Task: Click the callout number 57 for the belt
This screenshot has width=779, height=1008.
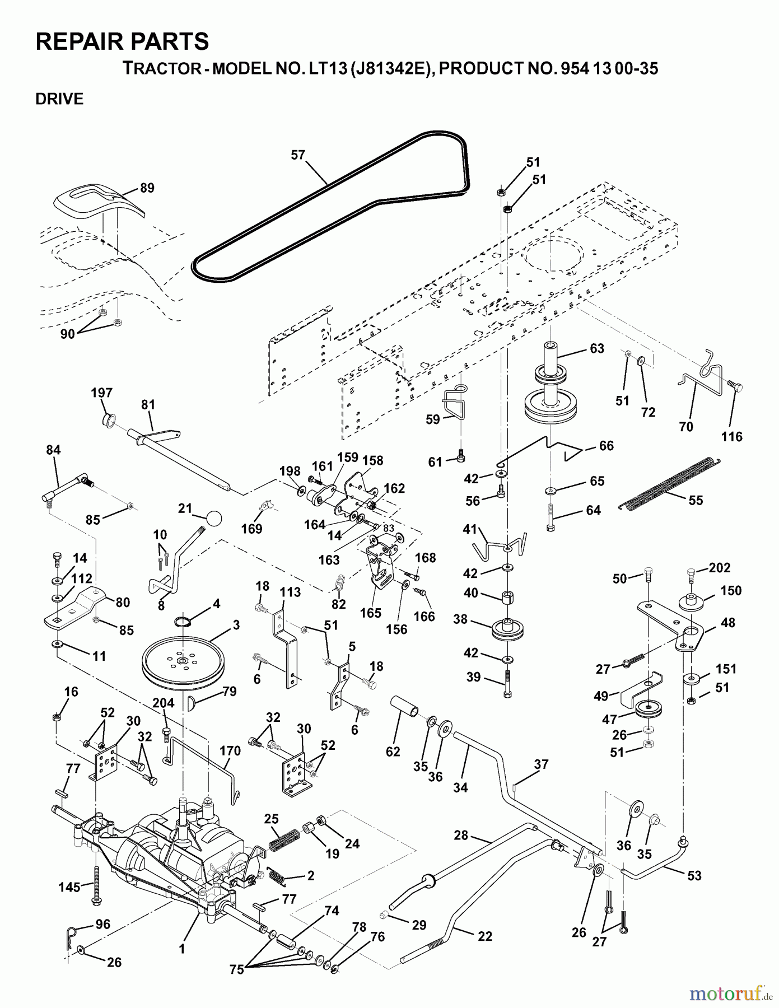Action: pyautogui.click(x=298, y=155)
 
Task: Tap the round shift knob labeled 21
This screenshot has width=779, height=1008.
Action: pyautogui.click(x=213, y=518)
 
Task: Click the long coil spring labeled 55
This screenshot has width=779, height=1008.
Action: pyautogui.click(x=669, y=484)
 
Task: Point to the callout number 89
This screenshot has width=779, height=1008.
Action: pyautogui.click(x=147, y=188)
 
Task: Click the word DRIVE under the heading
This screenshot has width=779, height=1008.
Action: pyautogui.click(x=59, y=99)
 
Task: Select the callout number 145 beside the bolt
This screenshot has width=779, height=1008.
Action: pyautogui.click(x=70, y=885)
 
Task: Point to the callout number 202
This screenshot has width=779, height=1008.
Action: pyautogui.click(x=719, y=568)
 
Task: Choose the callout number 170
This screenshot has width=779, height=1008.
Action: pyautogui.click(x=230, y=750)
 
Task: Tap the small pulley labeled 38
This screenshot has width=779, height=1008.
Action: pyautogui.click(x=507, y=628)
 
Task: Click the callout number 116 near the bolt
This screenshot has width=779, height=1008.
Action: pyautogui.click(x=731, y=437)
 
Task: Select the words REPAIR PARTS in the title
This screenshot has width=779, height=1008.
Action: pyautogui.click(x=122, y=41)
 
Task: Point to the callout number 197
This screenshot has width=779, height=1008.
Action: pyautogui.click(x=102, y=393)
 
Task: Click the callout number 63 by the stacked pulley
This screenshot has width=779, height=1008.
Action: pyautogui.click(x=597, y=348)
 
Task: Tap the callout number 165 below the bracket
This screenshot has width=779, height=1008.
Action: pyautogui.click(x=371, y=613)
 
